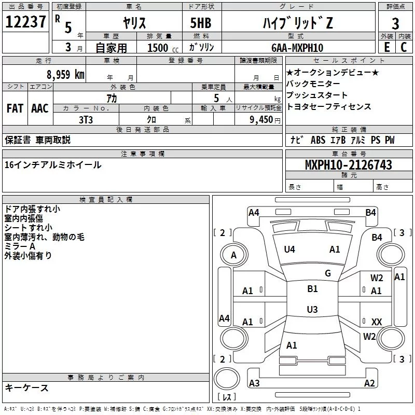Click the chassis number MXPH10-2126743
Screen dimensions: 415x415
coord(348,165)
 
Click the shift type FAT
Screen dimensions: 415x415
coord(15,108)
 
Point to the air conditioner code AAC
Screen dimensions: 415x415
coord(40,108)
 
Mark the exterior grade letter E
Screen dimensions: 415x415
coord(386,48)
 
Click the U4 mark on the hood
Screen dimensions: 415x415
coord(289,250)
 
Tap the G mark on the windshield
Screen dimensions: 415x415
coord(327,273)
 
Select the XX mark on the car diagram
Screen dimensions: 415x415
coord(377,322)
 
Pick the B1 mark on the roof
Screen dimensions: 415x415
coord(312,289)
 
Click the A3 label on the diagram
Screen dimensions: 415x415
coord(254,383)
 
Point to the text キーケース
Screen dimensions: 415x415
coord(26,388)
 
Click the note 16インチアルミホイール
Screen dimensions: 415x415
coord(53,165)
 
